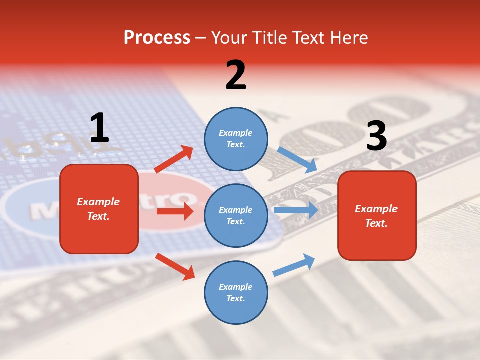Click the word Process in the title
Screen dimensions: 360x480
tap(157, 37)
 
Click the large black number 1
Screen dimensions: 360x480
tap(99, 128)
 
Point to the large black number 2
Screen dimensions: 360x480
tap(236, 75)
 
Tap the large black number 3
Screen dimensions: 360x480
tap(376, 136)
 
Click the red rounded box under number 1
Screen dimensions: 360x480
tap(99, 209)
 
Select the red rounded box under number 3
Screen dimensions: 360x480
tap(377, 215)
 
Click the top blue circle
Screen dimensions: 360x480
tap(236, 139)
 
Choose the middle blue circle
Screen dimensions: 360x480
tap(236, 215)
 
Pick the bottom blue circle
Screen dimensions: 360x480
tap(236, 292)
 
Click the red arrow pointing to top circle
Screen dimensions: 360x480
tap(174, 159)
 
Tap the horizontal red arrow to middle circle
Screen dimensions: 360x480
tap(175, 211)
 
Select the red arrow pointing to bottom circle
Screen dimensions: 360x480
tap(175, 266)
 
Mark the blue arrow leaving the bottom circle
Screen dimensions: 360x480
tap(294, 265)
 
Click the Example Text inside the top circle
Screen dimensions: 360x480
tap(236, 139)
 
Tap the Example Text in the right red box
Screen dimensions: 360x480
tap(376, 216)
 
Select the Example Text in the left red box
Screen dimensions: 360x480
tap(98, 209)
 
